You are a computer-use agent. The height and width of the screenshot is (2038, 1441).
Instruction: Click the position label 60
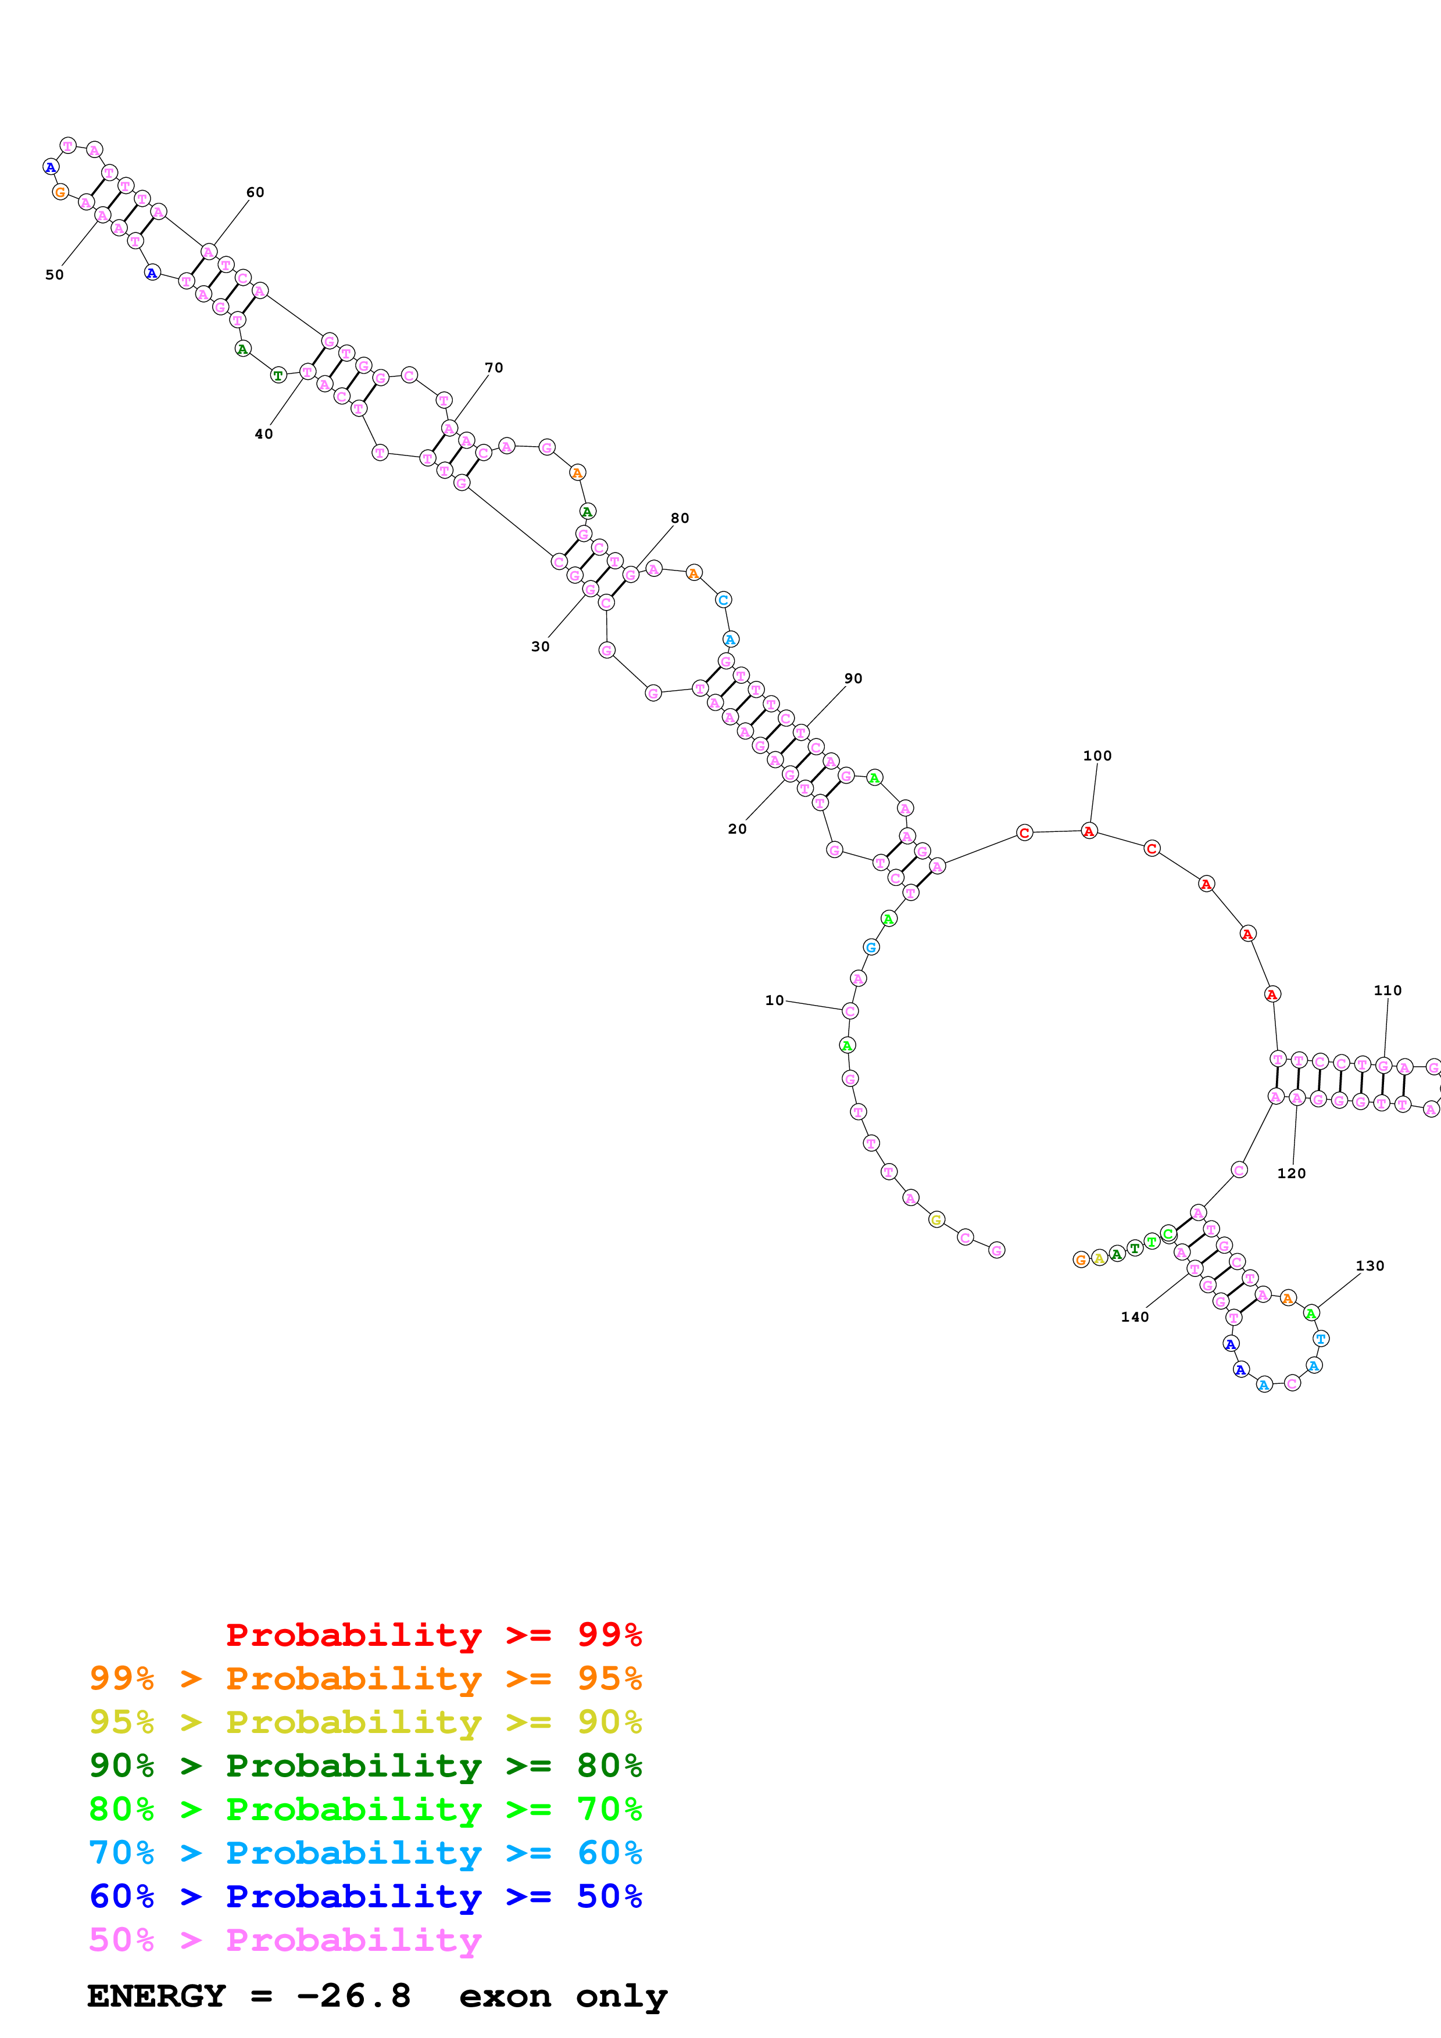(255, 193)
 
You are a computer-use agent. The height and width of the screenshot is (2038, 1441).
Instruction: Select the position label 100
(1096, 756)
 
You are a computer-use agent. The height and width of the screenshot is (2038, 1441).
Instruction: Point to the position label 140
(1135, 1317)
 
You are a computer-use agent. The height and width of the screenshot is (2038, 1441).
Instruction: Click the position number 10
(774, 1000)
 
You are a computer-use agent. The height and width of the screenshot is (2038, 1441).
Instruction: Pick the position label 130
(1369, 1266)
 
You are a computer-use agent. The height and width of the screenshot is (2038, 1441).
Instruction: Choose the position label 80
(679, 518)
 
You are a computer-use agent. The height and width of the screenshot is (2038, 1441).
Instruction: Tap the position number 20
(737, 829)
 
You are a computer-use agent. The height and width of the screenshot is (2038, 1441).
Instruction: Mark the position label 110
(1387, 991)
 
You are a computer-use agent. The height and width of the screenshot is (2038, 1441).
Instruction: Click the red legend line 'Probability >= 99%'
(433, 1634)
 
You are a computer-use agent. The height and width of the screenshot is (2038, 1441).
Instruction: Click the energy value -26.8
(353, 1996)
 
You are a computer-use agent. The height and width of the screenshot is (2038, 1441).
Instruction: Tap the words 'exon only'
(563, 1996)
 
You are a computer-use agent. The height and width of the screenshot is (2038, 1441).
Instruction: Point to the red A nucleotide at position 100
(1089, 832)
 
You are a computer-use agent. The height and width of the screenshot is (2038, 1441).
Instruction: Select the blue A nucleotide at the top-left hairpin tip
(51, 167)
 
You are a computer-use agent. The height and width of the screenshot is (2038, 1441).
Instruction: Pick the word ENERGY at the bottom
(156, 1996)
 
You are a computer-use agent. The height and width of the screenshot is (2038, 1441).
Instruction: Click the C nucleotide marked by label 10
(850, 1011)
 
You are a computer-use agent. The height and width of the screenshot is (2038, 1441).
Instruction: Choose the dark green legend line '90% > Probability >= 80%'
(365, 1766)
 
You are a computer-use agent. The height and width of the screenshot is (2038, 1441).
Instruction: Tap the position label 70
(494, 368)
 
